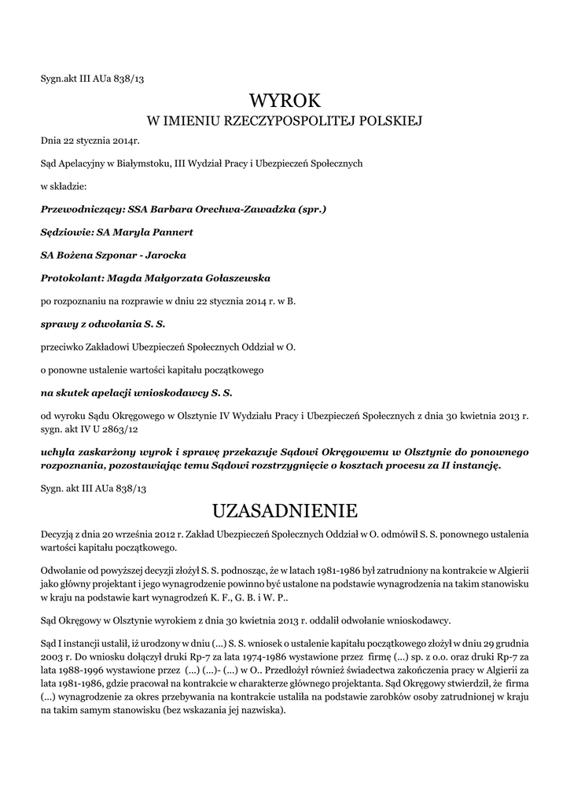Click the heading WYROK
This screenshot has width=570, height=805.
[285, 100]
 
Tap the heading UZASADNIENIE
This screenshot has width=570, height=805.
[285, 512]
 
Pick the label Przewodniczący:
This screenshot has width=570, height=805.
[83, 210]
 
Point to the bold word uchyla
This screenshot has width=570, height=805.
[59, 452]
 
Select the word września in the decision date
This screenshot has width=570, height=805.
[128, 535]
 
